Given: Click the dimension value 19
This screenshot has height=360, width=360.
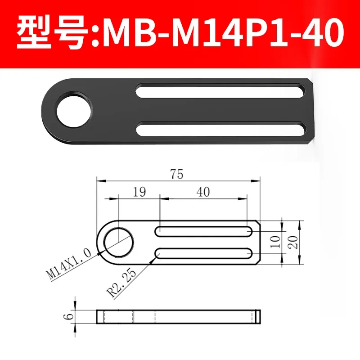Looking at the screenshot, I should pos(140,192).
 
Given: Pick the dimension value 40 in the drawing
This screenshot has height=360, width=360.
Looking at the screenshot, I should pos(203,192).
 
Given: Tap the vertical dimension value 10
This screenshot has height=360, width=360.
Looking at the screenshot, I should pos(276,242).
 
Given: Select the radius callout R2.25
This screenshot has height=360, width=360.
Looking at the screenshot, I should pos(118,285).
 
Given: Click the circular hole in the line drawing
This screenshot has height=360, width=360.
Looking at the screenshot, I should pos(118,242).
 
